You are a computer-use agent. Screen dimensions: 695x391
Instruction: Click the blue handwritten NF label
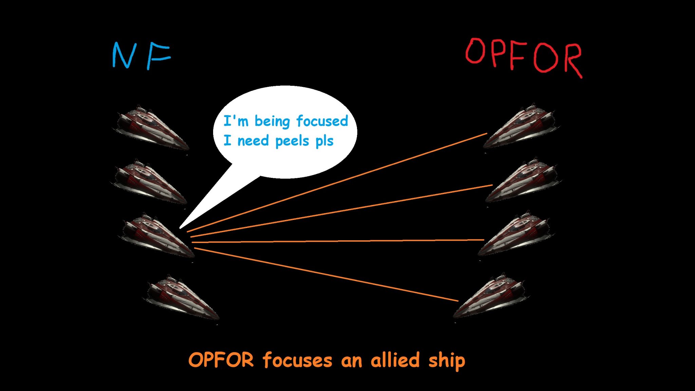click(141, 56)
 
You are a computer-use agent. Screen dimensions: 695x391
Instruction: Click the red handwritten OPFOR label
click(524, 57)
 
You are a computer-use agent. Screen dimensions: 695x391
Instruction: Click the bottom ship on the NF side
click(182, 298)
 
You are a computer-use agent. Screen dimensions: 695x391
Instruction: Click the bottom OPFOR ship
click(490, 295)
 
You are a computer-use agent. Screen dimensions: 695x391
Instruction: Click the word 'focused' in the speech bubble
click(322, 121)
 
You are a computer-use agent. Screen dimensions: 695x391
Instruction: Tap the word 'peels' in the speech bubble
click(292, 141)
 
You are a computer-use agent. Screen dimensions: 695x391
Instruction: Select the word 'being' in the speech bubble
click(272, 121)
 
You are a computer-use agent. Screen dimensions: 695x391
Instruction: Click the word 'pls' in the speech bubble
click(324, 141)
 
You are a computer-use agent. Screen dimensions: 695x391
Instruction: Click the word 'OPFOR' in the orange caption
click(221, 360)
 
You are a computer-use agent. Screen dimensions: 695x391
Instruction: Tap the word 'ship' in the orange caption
click(447, 360)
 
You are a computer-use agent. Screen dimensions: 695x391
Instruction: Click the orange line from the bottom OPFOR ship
click(326, 275)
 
